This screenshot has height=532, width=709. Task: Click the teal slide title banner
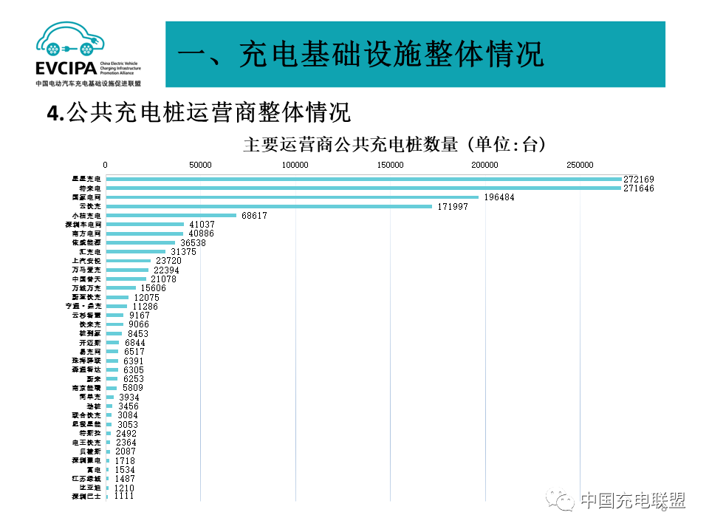click(x=414, y=54)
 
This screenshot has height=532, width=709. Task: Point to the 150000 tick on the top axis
click(x=390, y=165)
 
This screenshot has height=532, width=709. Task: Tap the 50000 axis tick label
click(x=200, y=165)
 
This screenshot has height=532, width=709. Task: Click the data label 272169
click(x=639, y=180)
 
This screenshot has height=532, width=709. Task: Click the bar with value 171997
click(x=269, y=206)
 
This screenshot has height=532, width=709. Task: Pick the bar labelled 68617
click(x=171, y=216)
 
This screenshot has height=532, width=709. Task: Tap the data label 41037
click(x=202, y=225)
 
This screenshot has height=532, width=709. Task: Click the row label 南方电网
click(x=87, y=233)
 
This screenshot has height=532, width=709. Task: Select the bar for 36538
click(x=140, y=242)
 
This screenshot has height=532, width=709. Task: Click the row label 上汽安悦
click(x=86, y=261)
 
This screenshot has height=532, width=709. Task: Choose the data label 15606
click(x=154, y=288)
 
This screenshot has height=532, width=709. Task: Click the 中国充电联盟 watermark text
click(x=632, y=500)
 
